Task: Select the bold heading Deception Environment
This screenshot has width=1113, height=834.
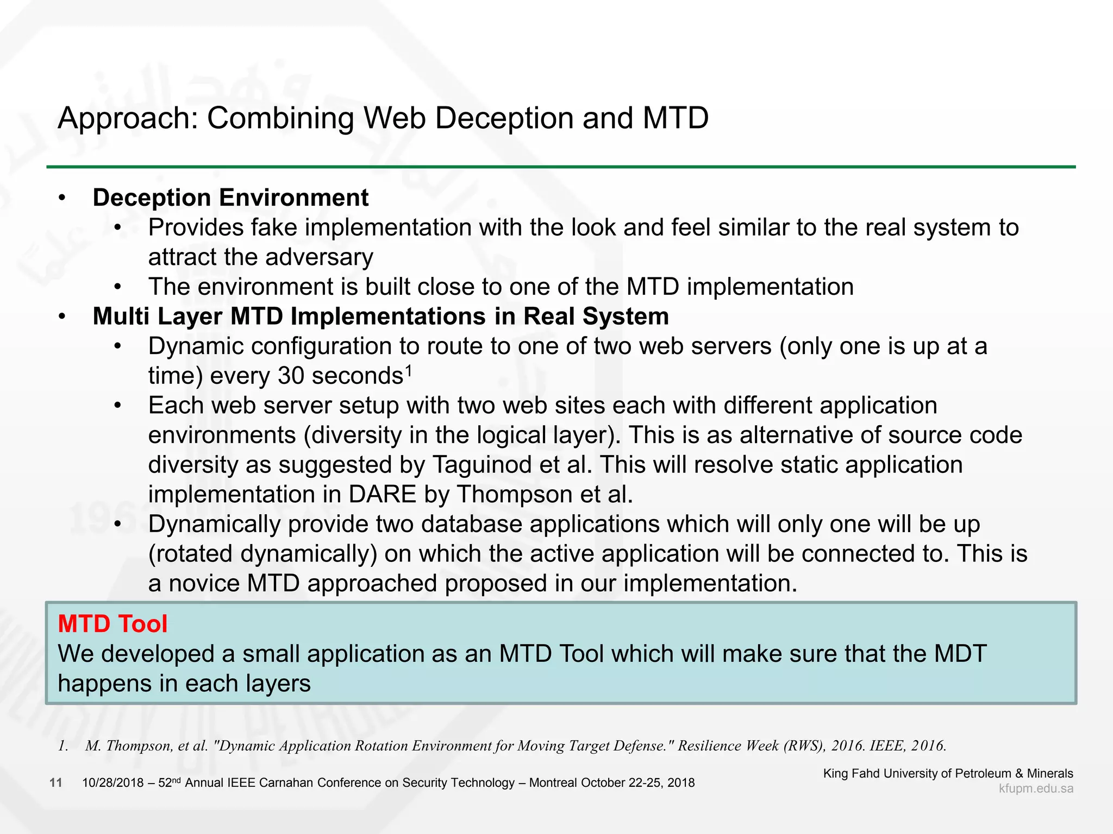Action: [x=230, y=198]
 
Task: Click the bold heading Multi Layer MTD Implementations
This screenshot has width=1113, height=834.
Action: [x=380, y=317]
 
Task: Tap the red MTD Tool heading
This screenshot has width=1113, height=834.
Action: [x=112, y=624]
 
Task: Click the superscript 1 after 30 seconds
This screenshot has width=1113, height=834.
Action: [x=409, y=370]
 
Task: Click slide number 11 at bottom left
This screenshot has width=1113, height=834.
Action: [x=55, y=782]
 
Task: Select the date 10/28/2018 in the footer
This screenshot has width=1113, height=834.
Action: [x=113, y=783]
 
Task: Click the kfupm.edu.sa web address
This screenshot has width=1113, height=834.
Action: [x=1036, y=789]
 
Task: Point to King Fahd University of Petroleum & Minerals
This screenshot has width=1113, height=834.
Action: [x=948, y=773]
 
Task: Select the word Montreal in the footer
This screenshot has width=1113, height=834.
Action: [x=553, y=783]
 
